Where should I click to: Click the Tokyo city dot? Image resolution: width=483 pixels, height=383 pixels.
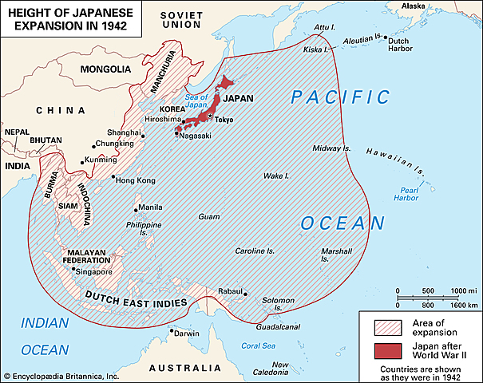click(209, 115)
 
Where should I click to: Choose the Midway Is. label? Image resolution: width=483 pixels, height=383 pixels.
click(331, 148)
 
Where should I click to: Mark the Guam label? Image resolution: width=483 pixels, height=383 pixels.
click(209, 216)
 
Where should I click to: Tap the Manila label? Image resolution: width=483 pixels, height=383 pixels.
click(150, 207)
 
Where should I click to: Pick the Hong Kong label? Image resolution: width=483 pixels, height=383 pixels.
click(136, 180)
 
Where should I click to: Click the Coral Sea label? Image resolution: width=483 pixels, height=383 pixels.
click(257, 345)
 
